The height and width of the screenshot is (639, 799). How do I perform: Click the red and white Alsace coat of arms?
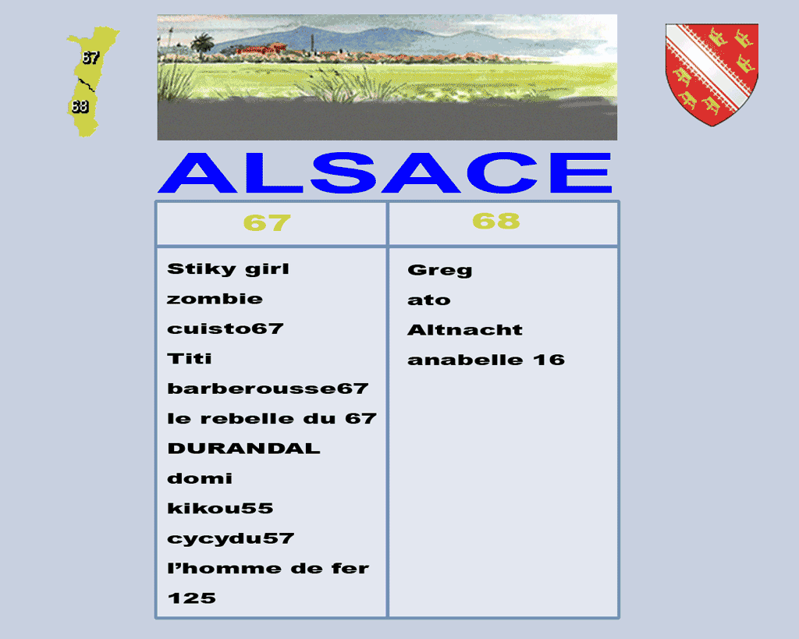(712, 74)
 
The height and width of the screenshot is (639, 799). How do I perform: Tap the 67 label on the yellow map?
(91, 58)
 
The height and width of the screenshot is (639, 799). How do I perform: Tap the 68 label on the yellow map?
(80, 106)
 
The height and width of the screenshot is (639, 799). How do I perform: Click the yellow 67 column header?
(267, 222)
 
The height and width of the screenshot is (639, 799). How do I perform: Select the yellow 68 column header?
(495, 221)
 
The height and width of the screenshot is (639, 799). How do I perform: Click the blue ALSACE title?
(385, 172)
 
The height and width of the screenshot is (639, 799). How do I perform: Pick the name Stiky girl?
(228, 269)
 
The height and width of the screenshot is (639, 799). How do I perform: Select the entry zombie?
(215, 299)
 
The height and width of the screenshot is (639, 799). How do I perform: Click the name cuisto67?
(225, 328)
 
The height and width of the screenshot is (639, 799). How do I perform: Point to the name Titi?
(189, 358)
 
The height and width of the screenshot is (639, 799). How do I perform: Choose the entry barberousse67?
(268, 389)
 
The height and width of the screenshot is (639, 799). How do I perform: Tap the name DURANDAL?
(243, 449)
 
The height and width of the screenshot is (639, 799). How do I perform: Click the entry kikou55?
(220, 508)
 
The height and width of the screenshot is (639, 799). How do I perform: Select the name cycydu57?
(231, 538)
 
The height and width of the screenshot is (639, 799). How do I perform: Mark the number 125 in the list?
(192, 598)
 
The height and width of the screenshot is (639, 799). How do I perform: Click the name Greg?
(440, 270)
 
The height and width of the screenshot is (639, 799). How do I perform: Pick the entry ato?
(429, 300)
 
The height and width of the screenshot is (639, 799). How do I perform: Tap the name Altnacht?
(465, 330)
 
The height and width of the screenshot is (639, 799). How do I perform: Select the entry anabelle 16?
(486, 360)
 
